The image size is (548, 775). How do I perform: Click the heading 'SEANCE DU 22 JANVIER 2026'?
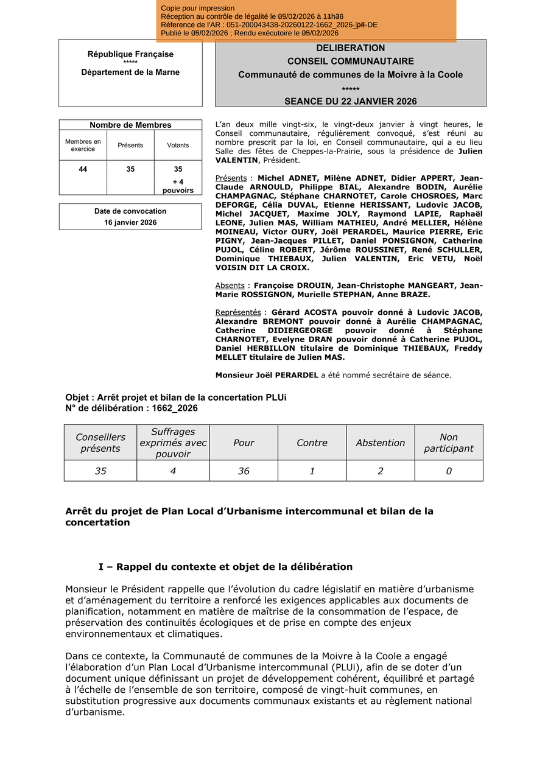click(x=350, y=101)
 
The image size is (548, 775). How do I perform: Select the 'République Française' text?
click(x=130, y=54)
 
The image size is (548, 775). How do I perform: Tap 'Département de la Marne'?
click(x=130, y=72)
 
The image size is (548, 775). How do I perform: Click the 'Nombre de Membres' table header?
click(x=130, y=125)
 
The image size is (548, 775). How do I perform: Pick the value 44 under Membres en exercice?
click(x=83, y=169)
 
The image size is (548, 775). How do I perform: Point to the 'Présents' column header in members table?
click(x=130, y=146)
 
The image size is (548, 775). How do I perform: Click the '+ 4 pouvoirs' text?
click(x=178, y=186)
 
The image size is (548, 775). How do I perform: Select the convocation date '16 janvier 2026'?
click(x=130, y=223)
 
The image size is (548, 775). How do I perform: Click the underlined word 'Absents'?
click(x=230, y=286)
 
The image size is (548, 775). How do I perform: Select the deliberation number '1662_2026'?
click(x=170, y=409)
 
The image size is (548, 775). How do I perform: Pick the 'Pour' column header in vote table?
click(x=244, y=443)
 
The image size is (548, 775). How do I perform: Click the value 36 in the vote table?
click(x=244, y=471)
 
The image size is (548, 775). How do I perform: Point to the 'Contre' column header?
click(x=312, y=443)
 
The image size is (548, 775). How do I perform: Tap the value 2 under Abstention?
click(x=381, y=471)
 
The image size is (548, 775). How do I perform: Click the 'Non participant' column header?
click(x=449, y=443)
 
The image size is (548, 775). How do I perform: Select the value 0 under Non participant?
click(x=449, y=471)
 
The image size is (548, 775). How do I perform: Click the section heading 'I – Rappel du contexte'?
click(x=225, y=567)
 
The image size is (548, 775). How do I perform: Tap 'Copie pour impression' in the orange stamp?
click(x=198, y=9)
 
